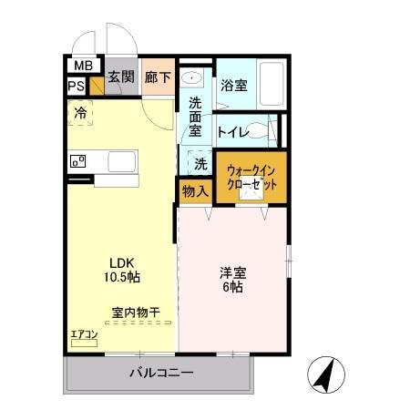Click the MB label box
pos(82,67)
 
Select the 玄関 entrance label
pos(120,77)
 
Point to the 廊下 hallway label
pos(158,77)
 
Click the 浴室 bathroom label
pos(233,87)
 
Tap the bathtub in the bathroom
pos(271,84)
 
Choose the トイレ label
pos(233,131)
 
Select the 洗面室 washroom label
pos(194,117)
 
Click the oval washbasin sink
pos(191,77)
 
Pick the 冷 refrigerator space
pos(81,114)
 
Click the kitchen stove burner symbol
pos(77,162)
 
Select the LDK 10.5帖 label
pos(120,268)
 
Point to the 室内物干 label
pos(136,313)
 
